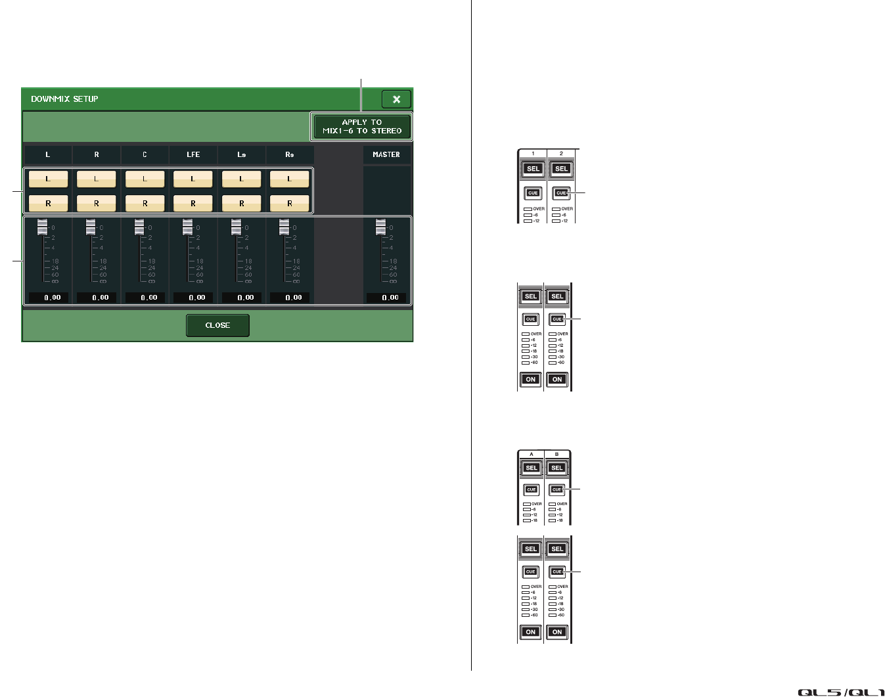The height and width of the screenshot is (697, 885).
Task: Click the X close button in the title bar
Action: click(x=396, y=99)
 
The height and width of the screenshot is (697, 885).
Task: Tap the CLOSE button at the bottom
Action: click(x=217, y=325)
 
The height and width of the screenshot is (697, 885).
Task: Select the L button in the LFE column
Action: click(x=193, y=179)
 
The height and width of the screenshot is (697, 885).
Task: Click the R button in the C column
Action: click(x=145, y=204)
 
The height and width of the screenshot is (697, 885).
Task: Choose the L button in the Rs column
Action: click(x=290, y=179)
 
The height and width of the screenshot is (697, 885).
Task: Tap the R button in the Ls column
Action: click(x=241, y=204)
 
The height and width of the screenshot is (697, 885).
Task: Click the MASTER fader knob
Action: click(x=381, y=227)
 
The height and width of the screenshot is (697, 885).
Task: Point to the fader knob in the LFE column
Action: click(x=188, y=227)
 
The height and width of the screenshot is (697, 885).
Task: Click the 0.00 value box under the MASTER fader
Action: click(x=390, y=298)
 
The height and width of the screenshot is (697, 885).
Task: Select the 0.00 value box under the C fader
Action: click(x=149, y=298)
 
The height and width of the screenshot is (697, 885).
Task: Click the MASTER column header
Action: click(x=386, y=154)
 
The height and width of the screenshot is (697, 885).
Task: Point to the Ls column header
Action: click(x=241, y=154)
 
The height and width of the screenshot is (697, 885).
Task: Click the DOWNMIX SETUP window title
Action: click(x=64, y=99)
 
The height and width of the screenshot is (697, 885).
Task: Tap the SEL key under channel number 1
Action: click(x=533, y=169)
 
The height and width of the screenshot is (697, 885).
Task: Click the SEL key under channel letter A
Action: click(x=532, y=468)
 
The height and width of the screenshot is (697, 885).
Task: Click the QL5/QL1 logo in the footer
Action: click(x=841, y=692)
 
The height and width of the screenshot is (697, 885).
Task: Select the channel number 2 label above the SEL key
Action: click(x=561, y=154)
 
